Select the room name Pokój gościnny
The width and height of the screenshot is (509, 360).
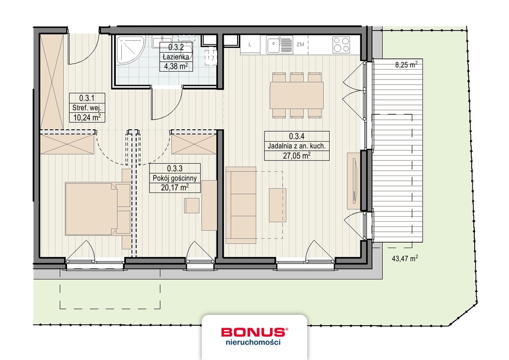tap(174, 178)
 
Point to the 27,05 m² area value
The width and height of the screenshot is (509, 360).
tap(297, 155)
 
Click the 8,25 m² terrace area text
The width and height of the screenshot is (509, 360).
tap(406, 65)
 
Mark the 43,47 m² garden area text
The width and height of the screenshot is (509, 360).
tap(405, 258)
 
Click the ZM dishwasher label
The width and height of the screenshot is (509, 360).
tap(300, 45)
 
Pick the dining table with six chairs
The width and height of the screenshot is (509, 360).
tap(296, 95)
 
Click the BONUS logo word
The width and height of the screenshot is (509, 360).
tap(254, 332)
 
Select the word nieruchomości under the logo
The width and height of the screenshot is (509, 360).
tap(254, 343)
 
